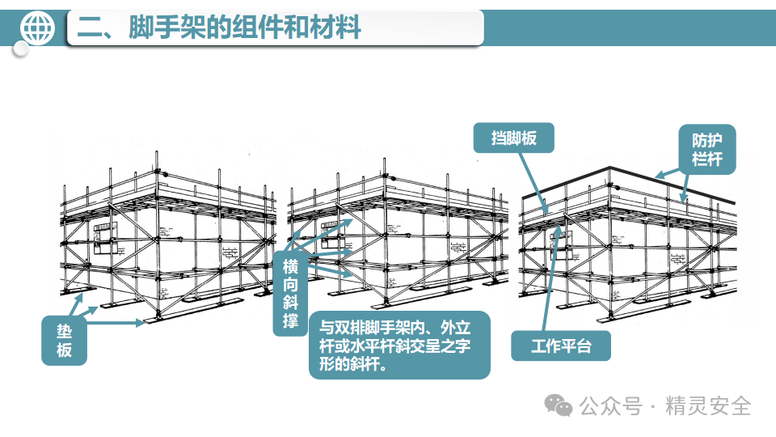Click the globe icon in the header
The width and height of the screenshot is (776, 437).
pos(36,28)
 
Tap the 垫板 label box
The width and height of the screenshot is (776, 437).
pos(64,341)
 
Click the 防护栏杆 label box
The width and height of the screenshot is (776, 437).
pos(706,148)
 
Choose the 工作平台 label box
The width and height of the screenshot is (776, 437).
pos(561,346)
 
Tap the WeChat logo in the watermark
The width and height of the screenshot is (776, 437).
pos(559,404)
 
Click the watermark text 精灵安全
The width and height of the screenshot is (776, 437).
pos(708,405)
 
